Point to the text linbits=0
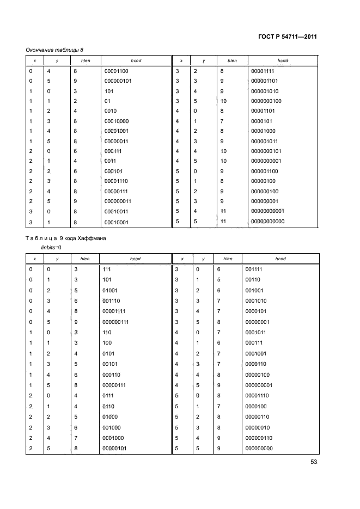[52, 248]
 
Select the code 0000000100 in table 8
[266, 101]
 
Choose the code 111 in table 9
[108, 269]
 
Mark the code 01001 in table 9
[111, 290]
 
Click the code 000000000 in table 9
[259, 448]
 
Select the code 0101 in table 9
[109, 354]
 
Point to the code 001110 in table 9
[112, 301]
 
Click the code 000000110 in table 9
[259, 438]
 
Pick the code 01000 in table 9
[111, 416]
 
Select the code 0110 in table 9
[109, 406]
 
